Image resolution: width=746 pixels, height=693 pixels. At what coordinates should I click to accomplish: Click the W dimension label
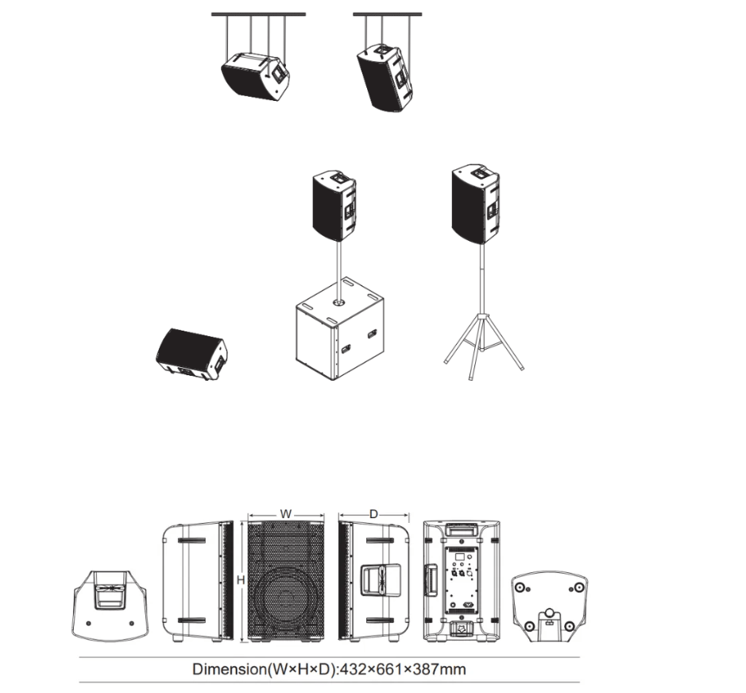[285, 514]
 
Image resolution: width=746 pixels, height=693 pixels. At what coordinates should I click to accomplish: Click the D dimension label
[373, 514]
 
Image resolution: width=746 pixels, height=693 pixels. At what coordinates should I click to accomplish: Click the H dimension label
[241, 580]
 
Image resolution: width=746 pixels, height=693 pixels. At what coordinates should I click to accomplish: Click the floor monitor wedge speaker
[191, 354]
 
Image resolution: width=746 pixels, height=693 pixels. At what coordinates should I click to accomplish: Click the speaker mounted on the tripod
[476, 204]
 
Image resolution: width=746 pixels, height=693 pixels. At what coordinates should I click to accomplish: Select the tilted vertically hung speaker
[385, 78]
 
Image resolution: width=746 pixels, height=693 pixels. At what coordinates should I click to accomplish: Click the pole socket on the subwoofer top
[338, 303]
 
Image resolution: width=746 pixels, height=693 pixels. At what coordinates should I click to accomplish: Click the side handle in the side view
[381, 579]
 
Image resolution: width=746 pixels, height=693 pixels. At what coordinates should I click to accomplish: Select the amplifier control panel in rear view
[461, 579]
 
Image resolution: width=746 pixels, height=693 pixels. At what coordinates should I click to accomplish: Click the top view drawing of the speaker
[110, 606]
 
